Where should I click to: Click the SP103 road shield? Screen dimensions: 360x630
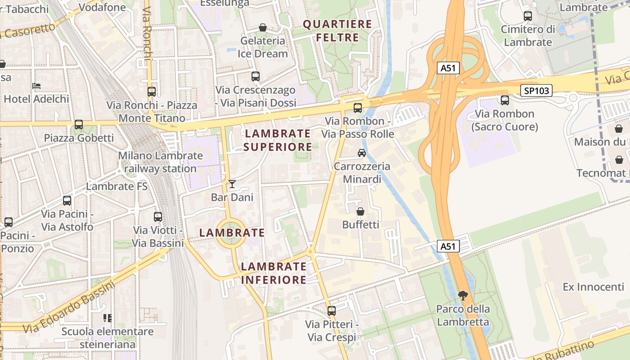click(536, 90)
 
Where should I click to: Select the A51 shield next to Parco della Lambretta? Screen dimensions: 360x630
click(448, 246)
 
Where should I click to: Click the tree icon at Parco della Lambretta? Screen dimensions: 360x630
click(463, 296)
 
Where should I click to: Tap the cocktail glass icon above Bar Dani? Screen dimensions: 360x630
click(232, 184)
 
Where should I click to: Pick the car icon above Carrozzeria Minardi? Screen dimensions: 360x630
click(362, 153)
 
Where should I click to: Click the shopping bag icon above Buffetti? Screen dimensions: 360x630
click(360, 211)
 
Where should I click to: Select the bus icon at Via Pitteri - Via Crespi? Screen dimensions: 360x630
click(332, 310)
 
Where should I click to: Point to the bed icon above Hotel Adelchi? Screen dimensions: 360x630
click(36, 85)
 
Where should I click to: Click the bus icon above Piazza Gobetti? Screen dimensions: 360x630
click(79, 124)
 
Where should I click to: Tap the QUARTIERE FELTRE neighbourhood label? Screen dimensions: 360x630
click(337, 31)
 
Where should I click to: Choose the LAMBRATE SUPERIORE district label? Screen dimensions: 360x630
click(278, 140)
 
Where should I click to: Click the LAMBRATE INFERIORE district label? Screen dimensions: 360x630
click(274, 273)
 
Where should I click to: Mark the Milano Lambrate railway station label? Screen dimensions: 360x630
click(160, 162)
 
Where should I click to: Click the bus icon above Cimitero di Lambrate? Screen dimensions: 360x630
click(528, 16)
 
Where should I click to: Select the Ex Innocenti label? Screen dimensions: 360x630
click(593, 287)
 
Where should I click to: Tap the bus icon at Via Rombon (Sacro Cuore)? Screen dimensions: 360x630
click(505, 100)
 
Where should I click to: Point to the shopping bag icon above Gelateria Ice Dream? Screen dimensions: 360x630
click(263, 27)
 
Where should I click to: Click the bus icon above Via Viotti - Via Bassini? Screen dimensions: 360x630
click(158, 216)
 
